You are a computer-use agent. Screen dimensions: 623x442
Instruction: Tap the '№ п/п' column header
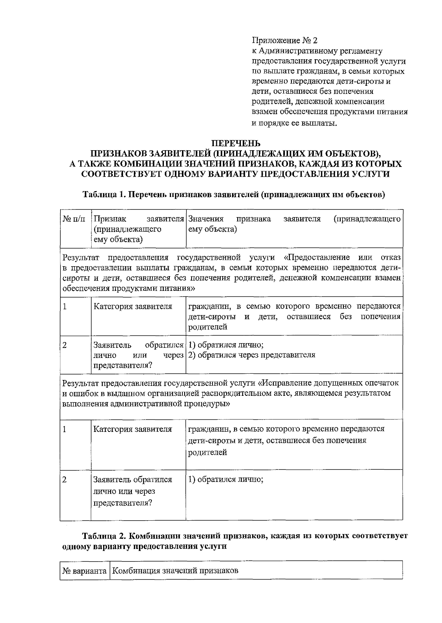[74, 219]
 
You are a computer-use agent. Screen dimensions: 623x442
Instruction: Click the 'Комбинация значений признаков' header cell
[175, 571]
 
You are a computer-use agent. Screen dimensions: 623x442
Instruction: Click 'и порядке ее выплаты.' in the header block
[294, 123]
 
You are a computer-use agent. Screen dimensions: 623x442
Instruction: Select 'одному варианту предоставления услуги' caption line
[144, 547]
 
